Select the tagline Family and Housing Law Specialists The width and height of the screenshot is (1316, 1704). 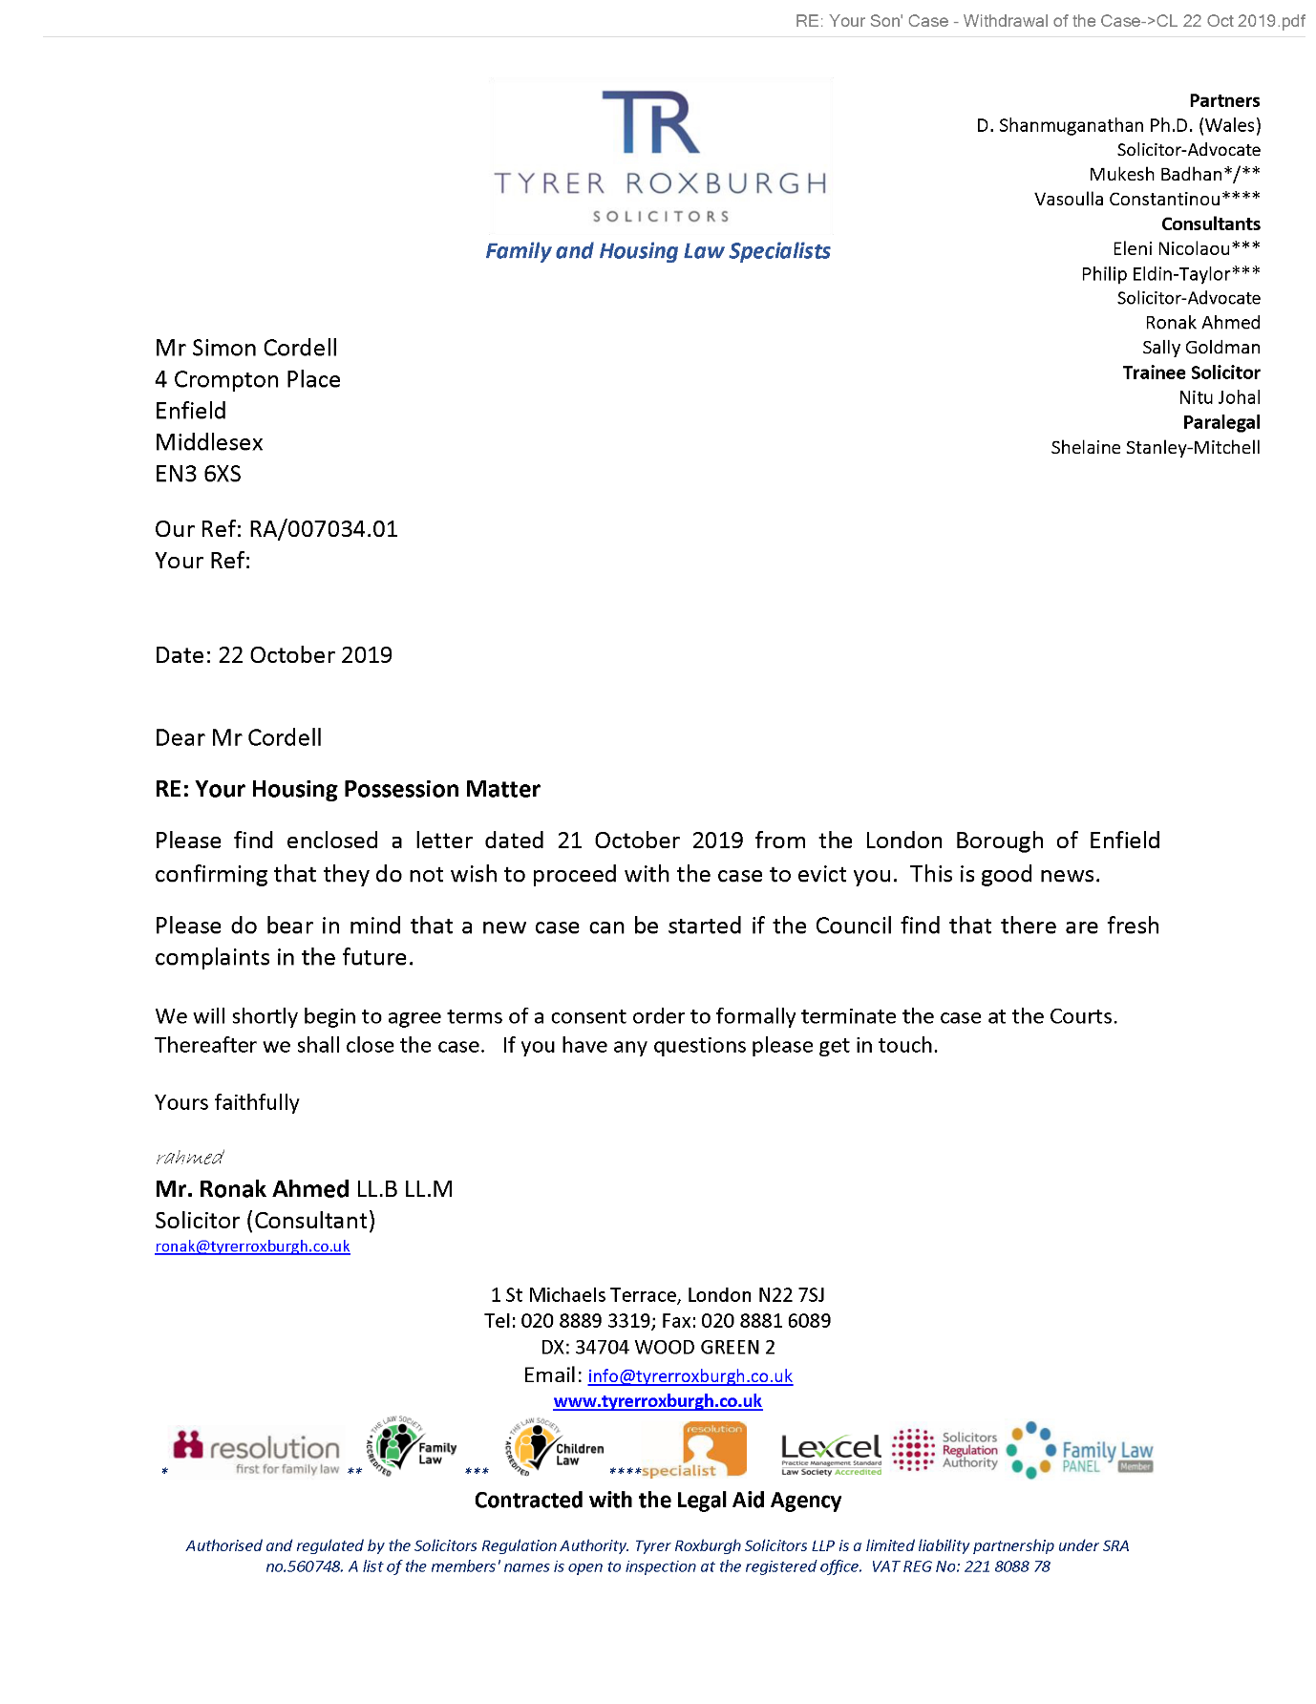pyautogui.click(x=657, y=251)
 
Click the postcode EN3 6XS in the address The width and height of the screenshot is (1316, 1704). pyautogui.click(x=198, y=474)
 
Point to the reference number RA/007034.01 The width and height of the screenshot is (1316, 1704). pyautogui.click(x=323, y=529)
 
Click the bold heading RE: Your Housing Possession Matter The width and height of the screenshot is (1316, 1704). pyautogui.click(x=348, y=789)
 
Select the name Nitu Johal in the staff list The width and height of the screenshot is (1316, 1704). pyautogui.click(x=1219, y=397)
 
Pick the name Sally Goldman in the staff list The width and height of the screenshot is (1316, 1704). pyautogui.click(x=1200, y=348)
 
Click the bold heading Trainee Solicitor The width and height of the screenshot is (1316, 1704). pyautogui.click(x=1191, y=373)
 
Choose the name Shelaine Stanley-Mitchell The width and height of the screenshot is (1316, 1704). pyautogui.click(x=1155, y=447)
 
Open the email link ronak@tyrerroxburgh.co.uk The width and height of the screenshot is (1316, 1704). pyautogui.click(x=252, y=1246)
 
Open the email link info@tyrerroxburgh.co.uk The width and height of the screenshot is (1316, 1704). pyautogui.click(x=690, y=1375)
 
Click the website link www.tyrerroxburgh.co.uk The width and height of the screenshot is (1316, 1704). pyautogui.click(x=657, y=1401)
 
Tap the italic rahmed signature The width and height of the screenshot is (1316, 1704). pyautogui.click(x=189, y=1158)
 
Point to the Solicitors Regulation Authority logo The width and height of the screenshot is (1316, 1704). pyautogui.click(x=945, y=1450)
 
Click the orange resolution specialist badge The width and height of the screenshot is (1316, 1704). pyautogui.click(x=713, y=1449)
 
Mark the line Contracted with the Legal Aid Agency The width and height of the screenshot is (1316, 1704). pyautogui.click(x=657, y=1501)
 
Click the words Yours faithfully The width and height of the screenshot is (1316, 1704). pyautogui.click(x=227, y=1102)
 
